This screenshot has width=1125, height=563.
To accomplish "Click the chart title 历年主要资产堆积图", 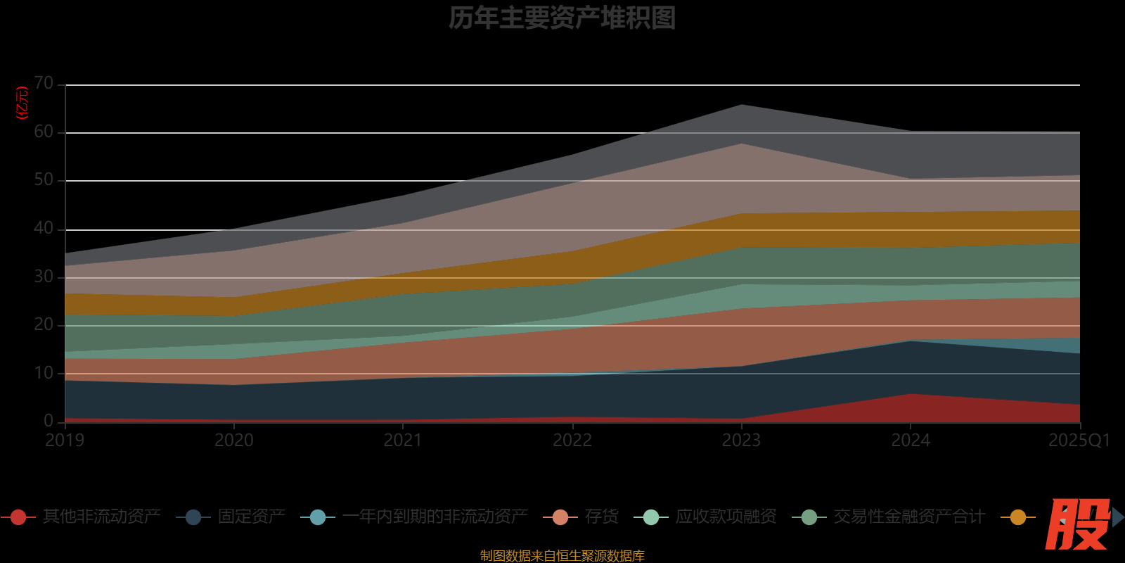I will (x=562, y=18).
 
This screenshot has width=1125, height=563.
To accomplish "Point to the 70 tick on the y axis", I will (x=44, y=84).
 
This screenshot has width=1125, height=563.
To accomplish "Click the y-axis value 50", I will (x=44, y=180).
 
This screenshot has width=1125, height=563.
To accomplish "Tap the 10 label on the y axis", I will (x=44, y=373).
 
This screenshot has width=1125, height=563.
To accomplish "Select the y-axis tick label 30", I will (x=44, y=277).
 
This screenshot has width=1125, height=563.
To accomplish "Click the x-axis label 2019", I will (x=65, y=441).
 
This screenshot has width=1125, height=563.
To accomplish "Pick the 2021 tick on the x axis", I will (x=403, y=441).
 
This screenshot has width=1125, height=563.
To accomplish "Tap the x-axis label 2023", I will (x=741, y=441).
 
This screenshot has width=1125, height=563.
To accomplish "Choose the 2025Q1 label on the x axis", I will (x=1079, y=441).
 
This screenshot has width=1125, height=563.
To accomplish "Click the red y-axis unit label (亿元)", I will (x=22, y=103).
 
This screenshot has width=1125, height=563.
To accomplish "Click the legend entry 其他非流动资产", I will (x=101, y=517).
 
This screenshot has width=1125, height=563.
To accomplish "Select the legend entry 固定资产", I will (x=251, y=517).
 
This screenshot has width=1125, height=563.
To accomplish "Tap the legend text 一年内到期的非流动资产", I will (x=435, y=517).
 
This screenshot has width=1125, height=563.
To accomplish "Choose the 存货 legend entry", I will (x=601, y=517).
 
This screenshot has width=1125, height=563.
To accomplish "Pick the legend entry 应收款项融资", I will (x=726, y=517).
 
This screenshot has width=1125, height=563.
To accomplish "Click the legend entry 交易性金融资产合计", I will (x=908, y=517).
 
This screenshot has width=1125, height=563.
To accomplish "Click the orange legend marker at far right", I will (x=1017, y=517).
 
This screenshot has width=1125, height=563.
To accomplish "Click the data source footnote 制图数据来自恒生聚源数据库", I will (x=562, y=556).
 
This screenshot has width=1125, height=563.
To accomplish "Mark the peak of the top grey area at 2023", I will (x=742, y=105).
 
